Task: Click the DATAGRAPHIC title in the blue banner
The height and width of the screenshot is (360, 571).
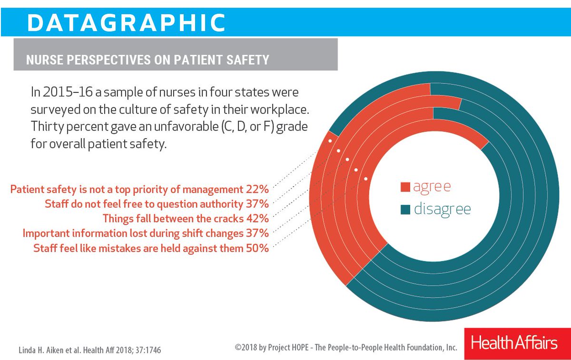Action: click(126, 21)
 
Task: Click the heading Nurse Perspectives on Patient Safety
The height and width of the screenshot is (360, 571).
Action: click(148, 60)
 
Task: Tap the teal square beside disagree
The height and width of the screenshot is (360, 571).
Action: click(405, 209)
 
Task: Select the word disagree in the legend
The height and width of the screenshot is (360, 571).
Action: click(443, 209)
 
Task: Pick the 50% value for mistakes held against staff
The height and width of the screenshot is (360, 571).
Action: click(257, 248)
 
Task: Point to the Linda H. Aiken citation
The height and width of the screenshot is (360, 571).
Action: click(90, 350)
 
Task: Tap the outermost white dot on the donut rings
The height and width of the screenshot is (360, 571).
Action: click(329, 141)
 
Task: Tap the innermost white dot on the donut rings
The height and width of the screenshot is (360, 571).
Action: click(365, 179)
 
